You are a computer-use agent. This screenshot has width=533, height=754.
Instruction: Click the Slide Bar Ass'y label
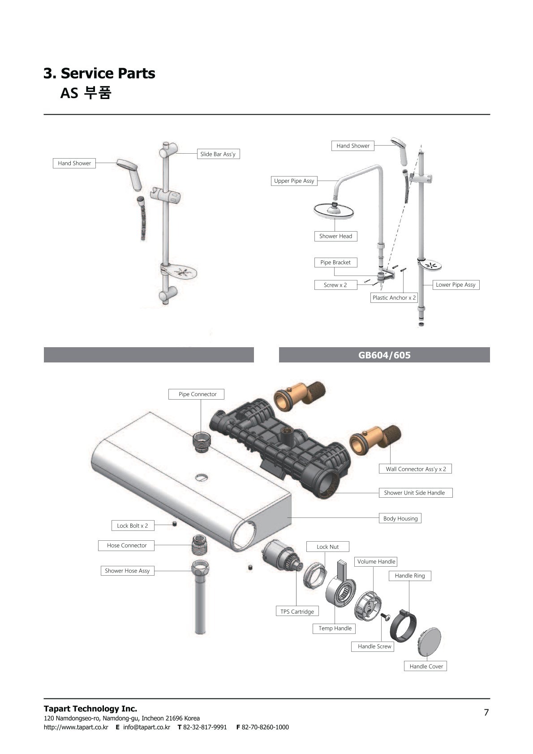tap(218, 154)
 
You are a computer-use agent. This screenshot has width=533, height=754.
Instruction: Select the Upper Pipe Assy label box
tap(294, 181)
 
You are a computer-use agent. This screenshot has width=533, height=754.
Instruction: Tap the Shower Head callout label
tap(335, 236)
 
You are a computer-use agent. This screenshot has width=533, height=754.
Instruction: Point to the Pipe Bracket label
tap(335, 262)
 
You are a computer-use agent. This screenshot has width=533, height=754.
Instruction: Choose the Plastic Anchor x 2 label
tap(394, 297)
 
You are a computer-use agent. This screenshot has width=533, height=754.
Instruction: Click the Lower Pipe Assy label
tap(456, 285)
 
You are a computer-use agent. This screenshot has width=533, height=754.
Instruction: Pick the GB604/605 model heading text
tap(384, 355)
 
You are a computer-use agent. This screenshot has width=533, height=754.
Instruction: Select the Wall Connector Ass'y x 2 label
tap(415, 469)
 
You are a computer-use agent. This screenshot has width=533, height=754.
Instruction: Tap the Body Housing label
tap(400, 518)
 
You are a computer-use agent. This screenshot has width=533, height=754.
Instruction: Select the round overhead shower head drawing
tap(334, 210)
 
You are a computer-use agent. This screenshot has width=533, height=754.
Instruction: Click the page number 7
tap(486, 712)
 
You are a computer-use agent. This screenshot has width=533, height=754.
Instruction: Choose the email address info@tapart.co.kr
tap(146, 727)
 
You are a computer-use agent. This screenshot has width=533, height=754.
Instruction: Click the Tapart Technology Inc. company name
tap(90, 709)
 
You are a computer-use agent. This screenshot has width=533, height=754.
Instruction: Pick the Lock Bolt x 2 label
tap(133, 526)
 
